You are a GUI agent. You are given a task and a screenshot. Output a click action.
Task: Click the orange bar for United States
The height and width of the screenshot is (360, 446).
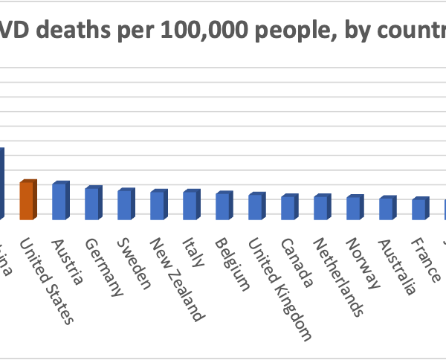click(27, 200)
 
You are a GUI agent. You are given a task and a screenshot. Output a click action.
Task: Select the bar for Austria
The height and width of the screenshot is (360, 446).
click(59, 201)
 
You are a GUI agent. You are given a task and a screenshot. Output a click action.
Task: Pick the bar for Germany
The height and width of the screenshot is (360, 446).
click(92, 203)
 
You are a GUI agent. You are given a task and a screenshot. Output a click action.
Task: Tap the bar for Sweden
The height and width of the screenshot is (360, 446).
click(125, 205)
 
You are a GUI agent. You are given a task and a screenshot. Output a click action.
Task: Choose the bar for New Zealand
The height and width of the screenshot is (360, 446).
click(158, 205)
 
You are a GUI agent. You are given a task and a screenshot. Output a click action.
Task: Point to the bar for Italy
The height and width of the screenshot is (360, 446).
click(190, 205)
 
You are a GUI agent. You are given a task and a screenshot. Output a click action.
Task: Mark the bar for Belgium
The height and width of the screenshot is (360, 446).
click(223, 206)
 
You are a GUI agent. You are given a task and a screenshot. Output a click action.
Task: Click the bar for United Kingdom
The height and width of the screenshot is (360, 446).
click(256, 207)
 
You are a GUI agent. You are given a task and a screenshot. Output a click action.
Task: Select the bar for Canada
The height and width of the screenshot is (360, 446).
click(288, 208)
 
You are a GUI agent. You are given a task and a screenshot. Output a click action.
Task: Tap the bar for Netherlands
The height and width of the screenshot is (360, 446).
click(321, 208)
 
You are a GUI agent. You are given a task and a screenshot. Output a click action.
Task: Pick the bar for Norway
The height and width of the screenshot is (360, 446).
click(354, 208)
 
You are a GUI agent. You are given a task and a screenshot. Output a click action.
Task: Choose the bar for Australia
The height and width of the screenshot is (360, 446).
click(387, 208)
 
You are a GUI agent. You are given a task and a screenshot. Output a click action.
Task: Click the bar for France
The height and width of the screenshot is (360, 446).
click(419, 209)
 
